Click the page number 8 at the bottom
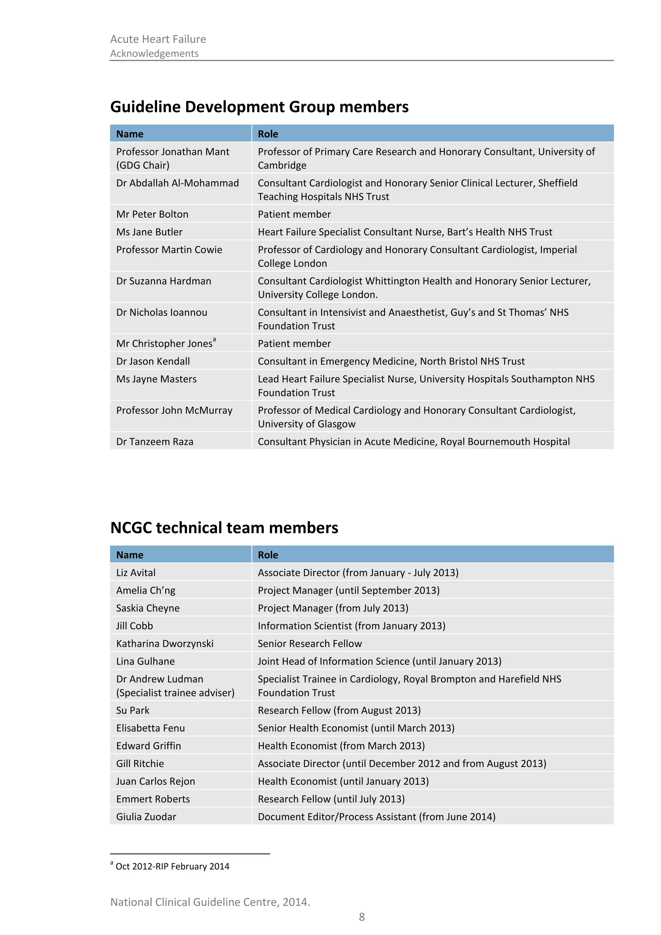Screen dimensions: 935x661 361,917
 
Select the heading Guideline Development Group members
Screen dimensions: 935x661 259,107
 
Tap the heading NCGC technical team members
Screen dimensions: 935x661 224,528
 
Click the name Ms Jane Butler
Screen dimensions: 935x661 149,232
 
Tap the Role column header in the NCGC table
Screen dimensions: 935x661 268,555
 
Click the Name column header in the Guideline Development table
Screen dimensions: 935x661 129,134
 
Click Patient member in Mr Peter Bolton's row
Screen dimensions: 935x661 294,214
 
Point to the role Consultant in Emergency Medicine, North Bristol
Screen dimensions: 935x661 391,361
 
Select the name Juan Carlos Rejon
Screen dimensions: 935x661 156,781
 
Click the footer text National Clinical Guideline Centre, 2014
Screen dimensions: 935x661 210,902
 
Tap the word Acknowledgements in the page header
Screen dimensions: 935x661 154,53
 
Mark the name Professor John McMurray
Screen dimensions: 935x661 174,410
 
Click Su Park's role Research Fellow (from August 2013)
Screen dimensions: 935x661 339,710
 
